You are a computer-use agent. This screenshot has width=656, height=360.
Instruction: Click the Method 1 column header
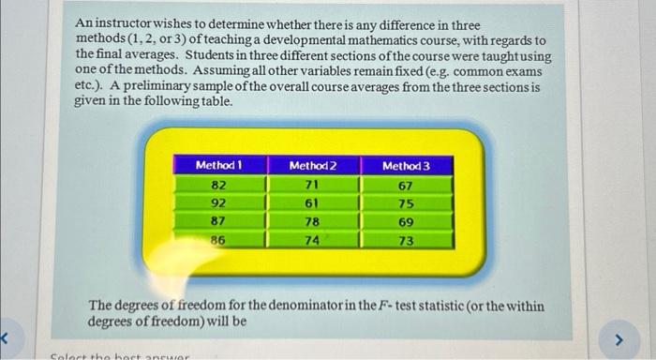click(x=218, y=166)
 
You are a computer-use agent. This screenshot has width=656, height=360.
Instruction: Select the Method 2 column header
click(x=312, y=166)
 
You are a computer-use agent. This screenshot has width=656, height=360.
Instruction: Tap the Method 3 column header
click(x=406, y=166)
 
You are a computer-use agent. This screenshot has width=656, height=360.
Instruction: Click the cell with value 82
click(x=218, y=186)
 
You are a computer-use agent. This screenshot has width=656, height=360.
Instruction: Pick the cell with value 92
click(x=218, y=203)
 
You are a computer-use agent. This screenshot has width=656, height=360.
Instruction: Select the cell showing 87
click(x=218, y=221)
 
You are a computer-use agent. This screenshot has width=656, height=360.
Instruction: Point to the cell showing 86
click(x=218, y=240)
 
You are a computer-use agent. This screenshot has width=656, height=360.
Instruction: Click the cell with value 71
click(x=312, y=186)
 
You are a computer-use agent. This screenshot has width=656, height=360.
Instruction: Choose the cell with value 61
click(x=312, y=203)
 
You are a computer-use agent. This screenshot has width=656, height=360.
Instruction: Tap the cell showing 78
click(x=312, y=221)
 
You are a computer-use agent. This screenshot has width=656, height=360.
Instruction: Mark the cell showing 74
click(x=312, y=240)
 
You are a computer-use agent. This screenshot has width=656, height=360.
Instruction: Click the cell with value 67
click(x=406, y=186)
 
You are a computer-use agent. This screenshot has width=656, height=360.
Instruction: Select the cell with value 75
click(x=406, y=203)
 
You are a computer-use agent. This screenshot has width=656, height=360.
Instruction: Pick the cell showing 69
click(x=406, y=221)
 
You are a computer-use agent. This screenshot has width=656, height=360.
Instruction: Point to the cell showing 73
click(x=406, y=240)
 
